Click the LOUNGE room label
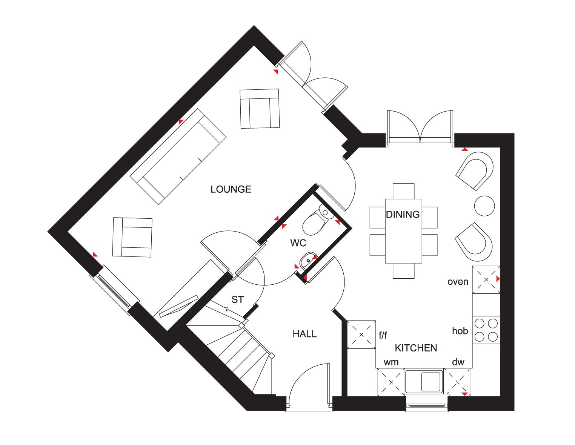pos(231,189)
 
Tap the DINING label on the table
pos(403,215)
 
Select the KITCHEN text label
pos(416,348)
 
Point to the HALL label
pos(304,334)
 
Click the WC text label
pos(298,243)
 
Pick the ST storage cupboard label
pos(237,300)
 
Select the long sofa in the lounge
pos(178,157)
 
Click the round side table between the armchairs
pos(484,206)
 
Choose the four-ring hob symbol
pos(486,330)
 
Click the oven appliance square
pos(486,280)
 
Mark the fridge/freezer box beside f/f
pos(361,335)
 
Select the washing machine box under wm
pos(391,382)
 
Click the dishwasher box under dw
pos(457,382)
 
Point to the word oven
pos(458,282)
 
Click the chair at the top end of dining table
pos(403,191)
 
